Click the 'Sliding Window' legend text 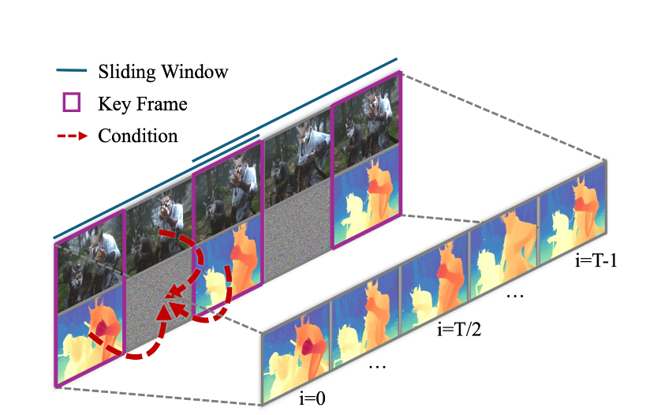[x=162, y=72]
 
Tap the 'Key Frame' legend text [x=142, y=103]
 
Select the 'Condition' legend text [x=137, y=135]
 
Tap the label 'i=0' [x=313, y=398]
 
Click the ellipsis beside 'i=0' [x=377, y=368]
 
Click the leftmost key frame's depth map [x=89, y=331]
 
